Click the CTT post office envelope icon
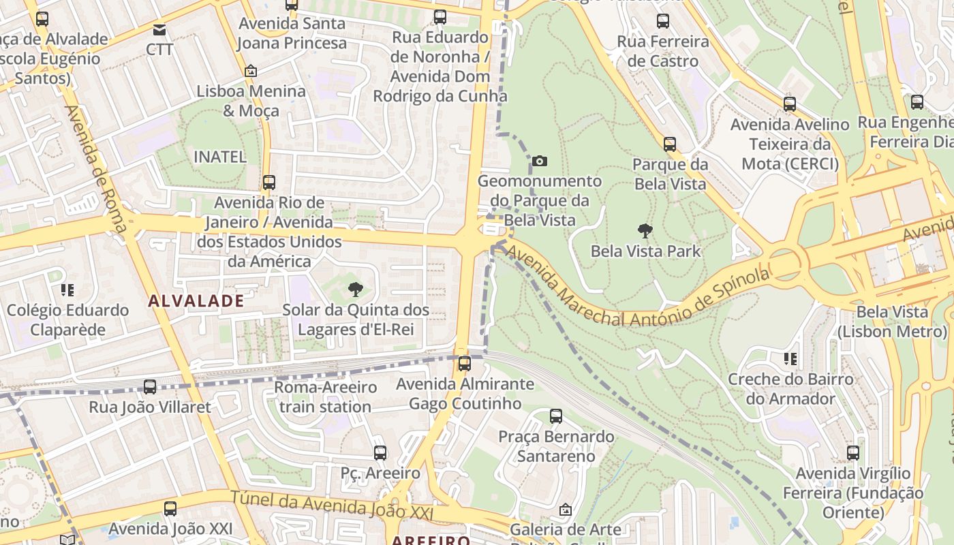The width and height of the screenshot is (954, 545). point(159,30)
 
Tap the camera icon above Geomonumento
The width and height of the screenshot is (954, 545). point(540,161)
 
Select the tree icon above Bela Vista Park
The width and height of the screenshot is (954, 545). point(645,231)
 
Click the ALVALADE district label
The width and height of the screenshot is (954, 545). point(196,301)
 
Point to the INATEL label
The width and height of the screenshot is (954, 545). point(220,157)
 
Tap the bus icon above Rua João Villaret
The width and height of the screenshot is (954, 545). point(150,387)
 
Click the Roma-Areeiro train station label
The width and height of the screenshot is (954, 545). point(325,397)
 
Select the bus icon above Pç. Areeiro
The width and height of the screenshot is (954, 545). point(380,452)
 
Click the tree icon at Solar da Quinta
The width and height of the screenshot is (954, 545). point(355,290)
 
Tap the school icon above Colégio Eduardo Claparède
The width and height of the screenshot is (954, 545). point(67,290)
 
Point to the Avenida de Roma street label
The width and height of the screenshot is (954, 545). point(96,168)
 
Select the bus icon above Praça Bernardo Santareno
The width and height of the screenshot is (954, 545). point(556,416)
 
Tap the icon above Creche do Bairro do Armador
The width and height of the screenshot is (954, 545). point(790,359)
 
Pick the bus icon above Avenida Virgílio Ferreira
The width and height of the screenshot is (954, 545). point(853,453)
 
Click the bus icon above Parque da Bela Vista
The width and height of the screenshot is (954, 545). point(670,144)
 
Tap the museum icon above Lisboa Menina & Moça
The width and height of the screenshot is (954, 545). point(251,71)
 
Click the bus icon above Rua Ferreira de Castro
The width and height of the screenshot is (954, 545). point(663,21)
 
